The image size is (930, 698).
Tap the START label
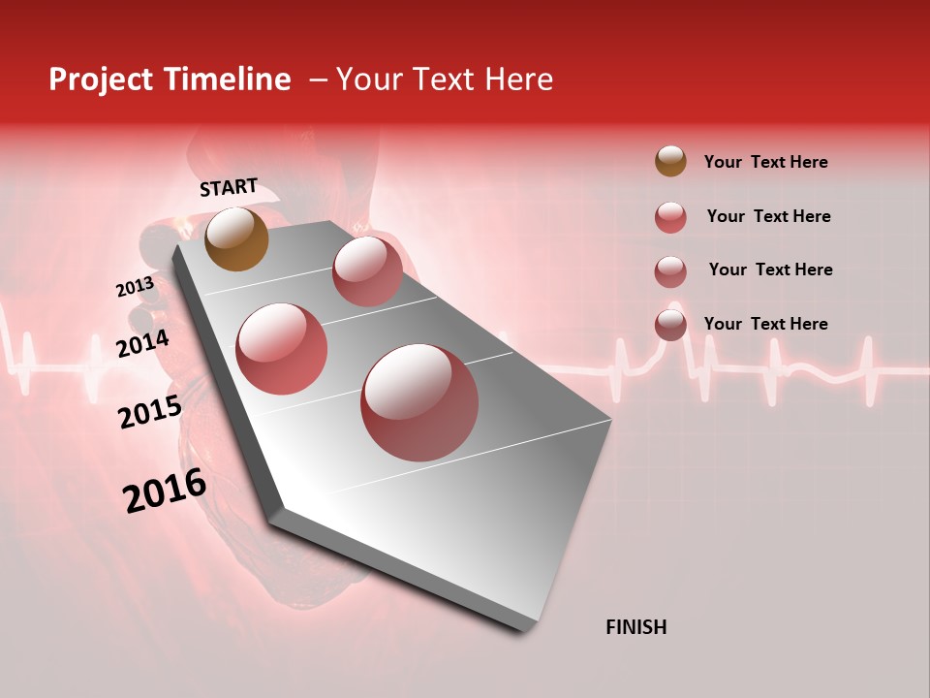pos(229,187)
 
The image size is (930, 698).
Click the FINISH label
pos(636,627)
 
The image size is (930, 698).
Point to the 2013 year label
pos(135,287)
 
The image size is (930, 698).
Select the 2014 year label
pos(142,343)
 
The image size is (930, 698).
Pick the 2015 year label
pos(150,412)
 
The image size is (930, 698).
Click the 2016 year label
pos(165,491)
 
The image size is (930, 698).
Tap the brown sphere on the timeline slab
pos(236,238)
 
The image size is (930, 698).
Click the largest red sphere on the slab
pos(419,402)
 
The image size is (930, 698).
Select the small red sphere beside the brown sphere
pos(367,271)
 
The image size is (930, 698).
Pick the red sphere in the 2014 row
pos(281,348)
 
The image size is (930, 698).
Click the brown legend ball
pos(670,161)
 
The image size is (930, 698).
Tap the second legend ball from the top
pos(670,217)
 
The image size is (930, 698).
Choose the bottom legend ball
pos(670,325)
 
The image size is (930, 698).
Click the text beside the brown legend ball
pos(765,162)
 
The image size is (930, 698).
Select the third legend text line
pos(770,270)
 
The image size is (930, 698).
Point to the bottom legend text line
pos(765,324)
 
